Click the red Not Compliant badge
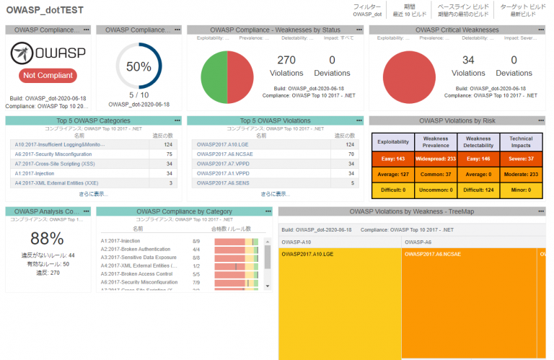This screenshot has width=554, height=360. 48,76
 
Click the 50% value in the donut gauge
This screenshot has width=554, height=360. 138,67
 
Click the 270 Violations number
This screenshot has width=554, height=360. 286,61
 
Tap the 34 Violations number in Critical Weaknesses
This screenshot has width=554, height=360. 468,61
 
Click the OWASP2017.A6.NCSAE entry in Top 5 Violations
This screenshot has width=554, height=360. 222,154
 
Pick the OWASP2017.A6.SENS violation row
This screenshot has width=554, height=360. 220,183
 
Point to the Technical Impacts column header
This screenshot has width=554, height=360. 521,141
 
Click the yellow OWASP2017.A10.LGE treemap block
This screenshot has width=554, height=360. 339,303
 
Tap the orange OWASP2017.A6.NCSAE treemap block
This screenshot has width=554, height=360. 469,303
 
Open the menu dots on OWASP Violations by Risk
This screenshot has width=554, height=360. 541,120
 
